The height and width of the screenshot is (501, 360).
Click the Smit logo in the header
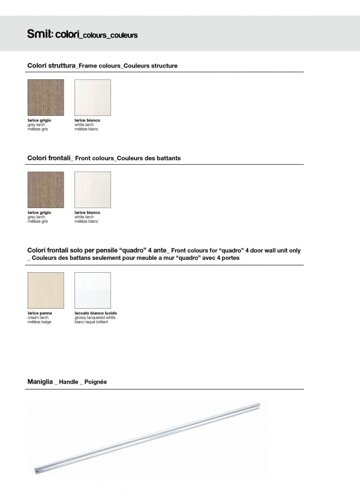click(39, 35)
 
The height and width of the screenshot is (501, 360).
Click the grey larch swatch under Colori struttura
click(46, 97)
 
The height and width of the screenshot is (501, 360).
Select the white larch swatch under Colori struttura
click(92, 97)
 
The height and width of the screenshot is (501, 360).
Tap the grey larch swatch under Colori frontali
click(46, 189)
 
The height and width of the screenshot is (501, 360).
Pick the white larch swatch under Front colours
click(92, 189)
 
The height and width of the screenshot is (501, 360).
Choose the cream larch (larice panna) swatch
click(46, 290)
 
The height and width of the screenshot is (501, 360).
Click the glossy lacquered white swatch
click(92, 290)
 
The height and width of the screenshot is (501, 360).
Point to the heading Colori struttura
click(52, 66)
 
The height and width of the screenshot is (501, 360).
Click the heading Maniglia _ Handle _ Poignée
click(67, 382)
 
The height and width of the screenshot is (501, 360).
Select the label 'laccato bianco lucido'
click(96, 313)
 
